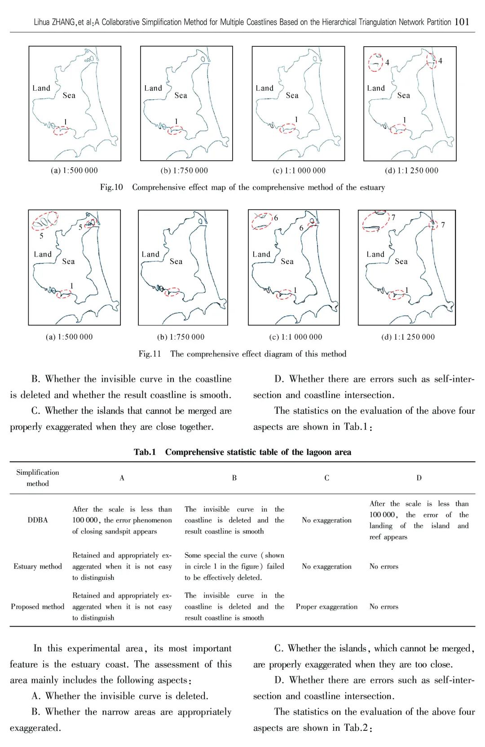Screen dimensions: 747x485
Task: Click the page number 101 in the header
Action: pos(462,22)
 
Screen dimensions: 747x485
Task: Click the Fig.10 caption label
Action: pos(111,187)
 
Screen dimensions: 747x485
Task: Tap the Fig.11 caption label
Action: pos(150,354)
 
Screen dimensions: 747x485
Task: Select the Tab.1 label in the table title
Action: pos(145,452)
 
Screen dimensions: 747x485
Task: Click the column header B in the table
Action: pos(234,478)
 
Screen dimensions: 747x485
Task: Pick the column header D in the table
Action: pos(419,478)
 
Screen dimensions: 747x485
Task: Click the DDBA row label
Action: pos(38,520)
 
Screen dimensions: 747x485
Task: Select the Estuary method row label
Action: pos(38,566)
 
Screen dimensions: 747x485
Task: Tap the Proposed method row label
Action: pos(38,606)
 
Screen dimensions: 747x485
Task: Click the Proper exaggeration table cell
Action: pos(326,606)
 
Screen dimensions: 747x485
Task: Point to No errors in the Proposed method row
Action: pos(384,606)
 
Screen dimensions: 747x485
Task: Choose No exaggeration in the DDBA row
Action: pos(326,520)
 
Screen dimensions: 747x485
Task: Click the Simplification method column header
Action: pos(38,478)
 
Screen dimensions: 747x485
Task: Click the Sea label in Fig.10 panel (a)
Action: pos(69,95)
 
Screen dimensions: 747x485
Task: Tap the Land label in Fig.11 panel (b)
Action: pos(150,254)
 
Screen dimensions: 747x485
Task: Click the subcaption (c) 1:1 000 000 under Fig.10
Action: pos(299,171)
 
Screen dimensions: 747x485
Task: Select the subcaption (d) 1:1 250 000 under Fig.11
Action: pos(408,337)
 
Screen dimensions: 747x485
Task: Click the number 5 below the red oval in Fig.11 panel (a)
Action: pos(41,235)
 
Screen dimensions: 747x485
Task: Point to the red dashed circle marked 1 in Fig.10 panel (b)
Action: pos(175,130)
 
